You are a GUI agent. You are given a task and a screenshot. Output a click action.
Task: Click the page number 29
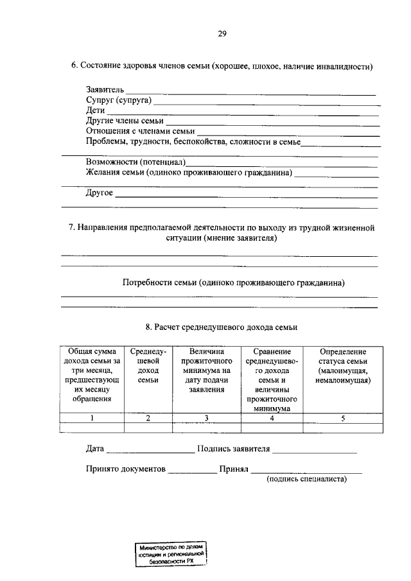(x=222, y=34)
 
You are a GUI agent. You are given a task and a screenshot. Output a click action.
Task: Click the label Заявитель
(x=105, y=91)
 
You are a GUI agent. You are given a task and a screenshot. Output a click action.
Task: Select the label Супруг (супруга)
(x=118, y=101)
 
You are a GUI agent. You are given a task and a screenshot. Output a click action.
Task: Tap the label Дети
(x=95, y=110)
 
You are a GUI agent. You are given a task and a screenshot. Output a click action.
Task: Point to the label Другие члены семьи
(x=125, y=121)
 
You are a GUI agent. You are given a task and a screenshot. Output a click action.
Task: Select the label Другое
(x=99, y=193)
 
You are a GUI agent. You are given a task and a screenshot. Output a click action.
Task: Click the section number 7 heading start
(x=72, y=228)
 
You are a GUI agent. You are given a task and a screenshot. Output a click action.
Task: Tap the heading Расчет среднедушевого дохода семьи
(x=221, y=327)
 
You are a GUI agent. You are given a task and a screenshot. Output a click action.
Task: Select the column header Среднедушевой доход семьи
(x=148, y=366)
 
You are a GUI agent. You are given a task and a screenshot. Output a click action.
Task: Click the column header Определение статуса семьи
(x=343, y=366)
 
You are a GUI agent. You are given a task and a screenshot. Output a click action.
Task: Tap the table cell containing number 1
(x=92, y=418)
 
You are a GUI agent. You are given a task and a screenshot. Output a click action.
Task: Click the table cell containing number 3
(x=206, y=418)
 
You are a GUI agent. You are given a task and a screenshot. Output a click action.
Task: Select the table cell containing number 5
(x=343, y=418)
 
